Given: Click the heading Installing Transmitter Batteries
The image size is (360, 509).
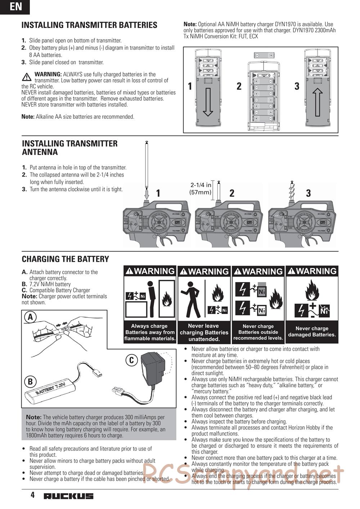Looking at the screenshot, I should pos(89,25).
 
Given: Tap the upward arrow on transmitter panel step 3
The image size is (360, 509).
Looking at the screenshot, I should pos(318,102).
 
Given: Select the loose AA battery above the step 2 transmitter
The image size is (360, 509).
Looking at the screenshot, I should pos(264,55).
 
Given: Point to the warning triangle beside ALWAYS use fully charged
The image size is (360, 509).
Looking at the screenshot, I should pos(26,77).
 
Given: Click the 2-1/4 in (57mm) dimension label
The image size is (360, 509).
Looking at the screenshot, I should pos(201,188).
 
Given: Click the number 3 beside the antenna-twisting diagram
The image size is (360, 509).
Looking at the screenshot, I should pos(308,193).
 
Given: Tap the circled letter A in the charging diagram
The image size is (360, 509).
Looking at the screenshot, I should pos(31,317).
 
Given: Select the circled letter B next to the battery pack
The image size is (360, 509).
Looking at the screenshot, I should pos(31,382).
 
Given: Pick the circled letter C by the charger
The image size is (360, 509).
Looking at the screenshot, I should pos(131,360).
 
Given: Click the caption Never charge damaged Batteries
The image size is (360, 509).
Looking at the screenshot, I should pos(312,331).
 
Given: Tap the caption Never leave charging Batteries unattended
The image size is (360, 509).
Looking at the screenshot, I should pos(204,332).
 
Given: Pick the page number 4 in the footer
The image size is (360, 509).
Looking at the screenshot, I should pos(32,495).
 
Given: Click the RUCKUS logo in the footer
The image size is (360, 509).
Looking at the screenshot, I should pos(68,496).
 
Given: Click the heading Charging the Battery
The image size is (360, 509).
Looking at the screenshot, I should pos(66,259).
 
